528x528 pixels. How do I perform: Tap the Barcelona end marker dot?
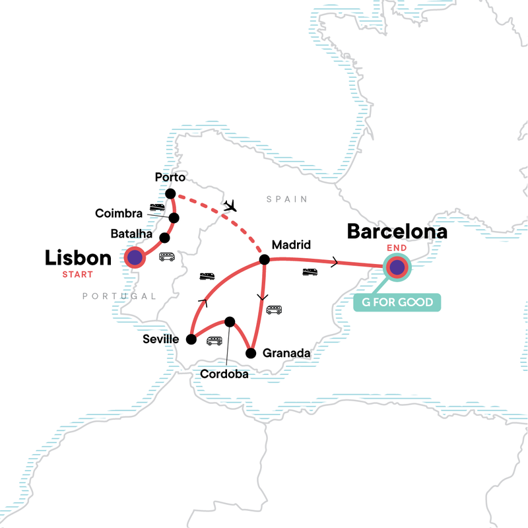point(397,267)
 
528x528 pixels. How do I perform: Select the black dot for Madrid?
point(264,259)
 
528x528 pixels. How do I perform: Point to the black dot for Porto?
point(170,194)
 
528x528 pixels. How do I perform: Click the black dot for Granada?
point(251,353)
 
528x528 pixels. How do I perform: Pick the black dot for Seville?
point(191,339)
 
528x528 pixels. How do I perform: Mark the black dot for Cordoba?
point(229,321)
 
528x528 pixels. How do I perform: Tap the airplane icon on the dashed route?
point(230,205)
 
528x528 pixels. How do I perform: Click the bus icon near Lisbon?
point(167,257)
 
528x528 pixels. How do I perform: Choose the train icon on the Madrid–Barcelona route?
point(309,271)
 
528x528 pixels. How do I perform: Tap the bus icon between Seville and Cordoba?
point(214,341)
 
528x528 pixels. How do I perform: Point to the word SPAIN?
point(286,199)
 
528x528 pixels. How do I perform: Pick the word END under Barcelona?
point(397,250)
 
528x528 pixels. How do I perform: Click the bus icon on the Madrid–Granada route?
point(273,309)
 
